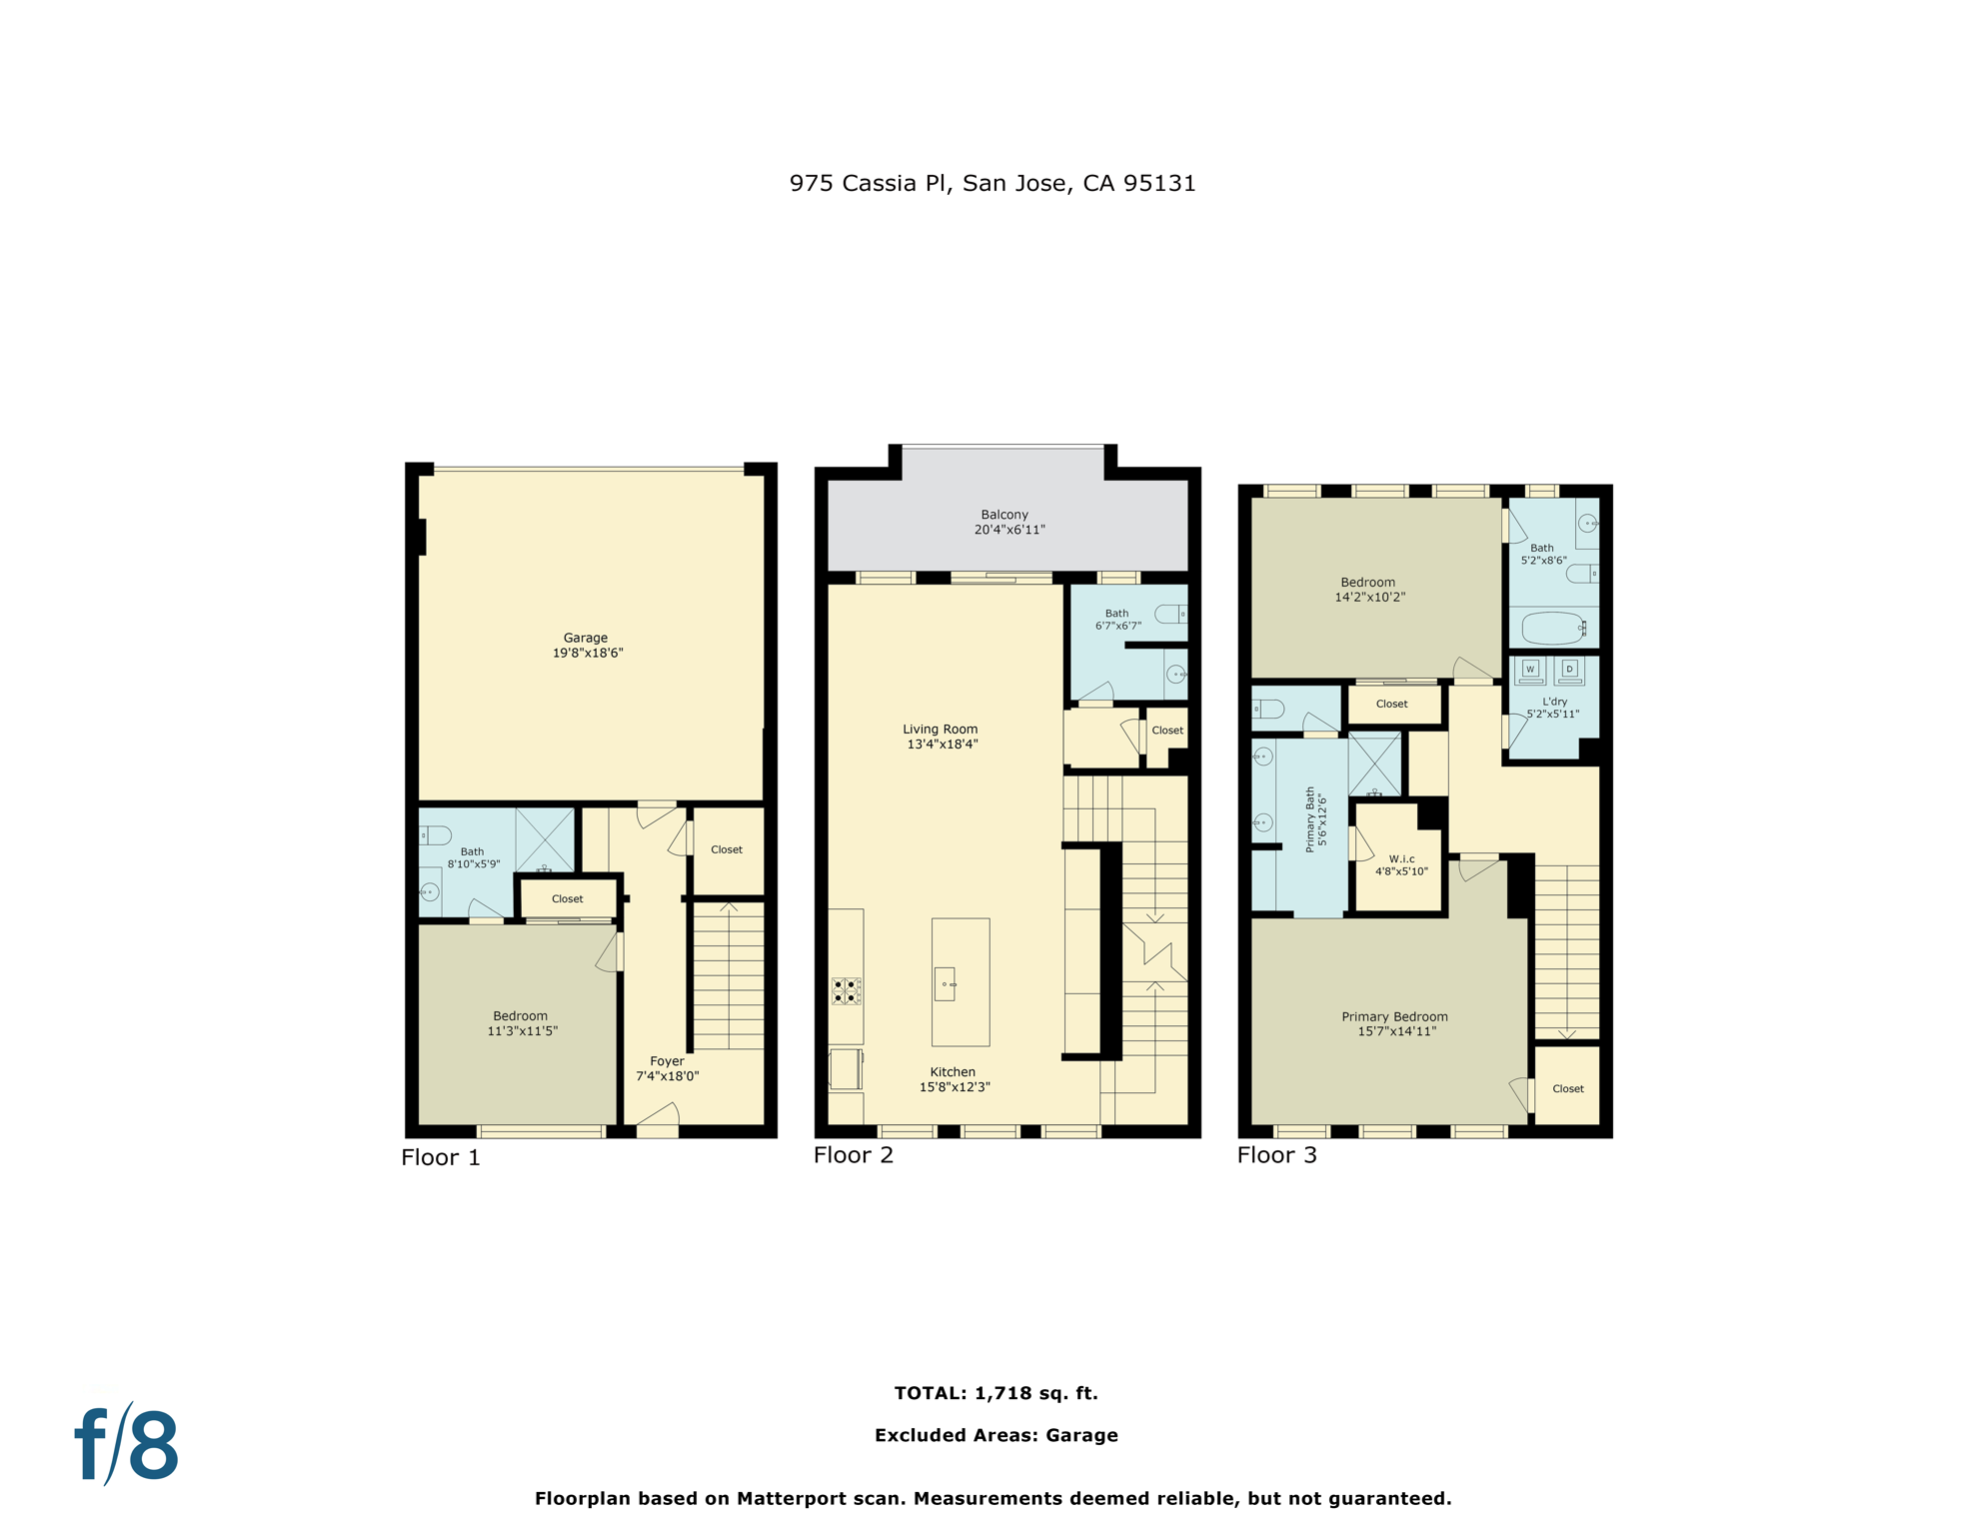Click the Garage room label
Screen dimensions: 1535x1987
point(585,638)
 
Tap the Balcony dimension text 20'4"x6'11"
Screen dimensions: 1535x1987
point(1009,530)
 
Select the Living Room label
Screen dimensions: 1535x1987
point(940,730)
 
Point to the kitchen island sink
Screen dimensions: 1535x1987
point(945,983)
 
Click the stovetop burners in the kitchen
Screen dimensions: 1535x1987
point(845,991)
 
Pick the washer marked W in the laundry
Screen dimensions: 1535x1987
point(1529,670)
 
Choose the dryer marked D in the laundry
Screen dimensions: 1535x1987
point(1569,669)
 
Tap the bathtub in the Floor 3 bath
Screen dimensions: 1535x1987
point(1552,629)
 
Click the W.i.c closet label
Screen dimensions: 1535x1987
point(1401,859)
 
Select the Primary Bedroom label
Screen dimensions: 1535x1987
point(1394,1017)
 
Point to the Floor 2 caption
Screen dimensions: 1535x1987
point(853,1155)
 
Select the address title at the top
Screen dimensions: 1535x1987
point(992,183)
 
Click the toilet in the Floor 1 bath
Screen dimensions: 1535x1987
point(436,835)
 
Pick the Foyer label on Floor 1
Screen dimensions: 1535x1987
point(667,1061)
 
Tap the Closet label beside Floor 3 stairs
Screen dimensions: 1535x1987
point(1567,1089)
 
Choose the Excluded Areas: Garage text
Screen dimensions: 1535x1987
point(995,1435)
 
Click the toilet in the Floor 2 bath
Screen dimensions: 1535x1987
point(1170,614)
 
